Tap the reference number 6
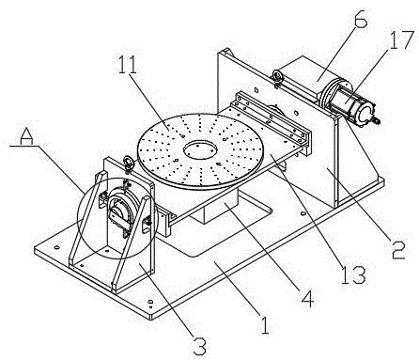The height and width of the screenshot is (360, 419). (x=360, y=19)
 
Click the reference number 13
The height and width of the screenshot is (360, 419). (x=353, y=274)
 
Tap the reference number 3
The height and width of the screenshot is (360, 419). (x=199, y=346)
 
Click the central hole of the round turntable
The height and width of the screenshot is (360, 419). (x=200, y=149)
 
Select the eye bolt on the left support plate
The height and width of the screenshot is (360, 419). (x=128, y=163)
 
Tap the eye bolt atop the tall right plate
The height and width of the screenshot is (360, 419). (x=277, y=77)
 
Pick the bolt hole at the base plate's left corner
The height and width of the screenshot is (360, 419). (x=56, y=247)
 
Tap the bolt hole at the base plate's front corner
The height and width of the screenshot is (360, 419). (x=150, y=302)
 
